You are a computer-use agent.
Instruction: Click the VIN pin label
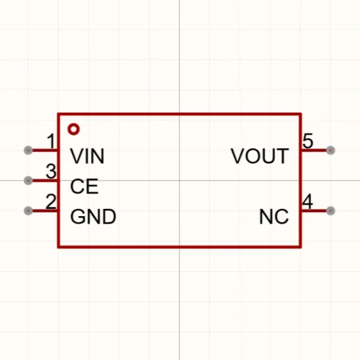(87, 156)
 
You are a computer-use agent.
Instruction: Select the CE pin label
(84, 186)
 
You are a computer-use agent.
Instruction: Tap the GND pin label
(93, 217)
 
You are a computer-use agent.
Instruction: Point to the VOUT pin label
(260, 156)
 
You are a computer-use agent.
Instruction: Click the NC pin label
(274, 217)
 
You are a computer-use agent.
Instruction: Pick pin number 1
(51, 141)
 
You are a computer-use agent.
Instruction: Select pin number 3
(51, 171)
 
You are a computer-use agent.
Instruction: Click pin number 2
(51, 202)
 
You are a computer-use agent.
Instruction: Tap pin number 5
(308, 141)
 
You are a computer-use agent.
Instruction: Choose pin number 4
(308, 202)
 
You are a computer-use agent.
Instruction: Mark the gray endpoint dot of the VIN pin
(28, 151)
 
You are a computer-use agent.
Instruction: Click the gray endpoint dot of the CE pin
(28, 181)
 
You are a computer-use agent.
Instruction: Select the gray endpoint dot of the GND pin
(28, 211)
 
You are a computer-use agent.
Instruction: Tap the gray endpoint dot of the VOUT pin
(331, 151)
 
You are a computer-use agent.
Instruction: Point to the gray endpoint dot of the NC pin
(331, 211)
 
